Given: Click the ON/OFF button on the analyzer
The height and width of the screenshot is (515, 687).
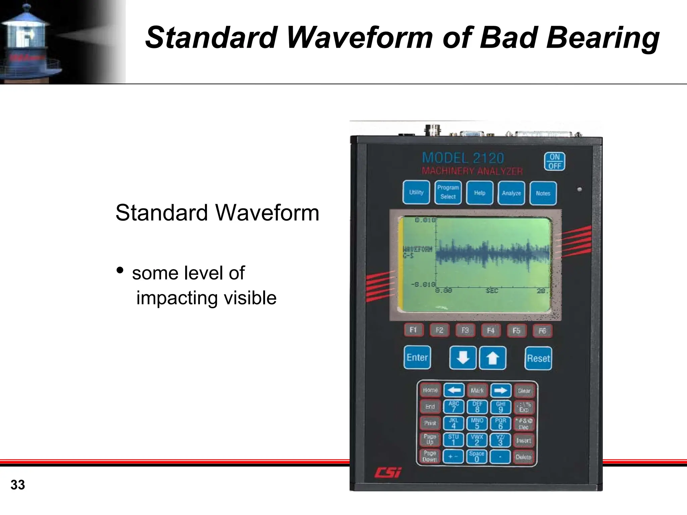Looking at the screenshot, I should click(554, 161).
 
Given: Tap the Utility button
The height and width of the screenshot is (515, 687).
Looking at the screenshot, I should click(416, 192).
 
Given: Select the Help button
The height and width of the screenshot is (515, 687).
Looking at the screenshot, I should click(480, 193).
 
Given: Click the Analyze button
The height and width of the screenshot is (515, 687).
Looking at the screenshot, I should click(511, 193).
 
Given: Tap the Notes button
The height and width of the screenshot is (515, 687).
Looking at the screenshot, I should click(543, 193).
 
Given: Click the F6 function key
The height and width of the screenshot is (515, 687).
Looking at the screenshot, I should click(542, 331).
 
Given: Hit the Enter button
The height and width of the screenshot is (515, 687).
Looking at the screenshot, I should click(417, 358).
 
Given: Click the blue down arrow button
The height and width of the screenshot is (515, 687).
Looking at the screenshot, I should click(463, 358).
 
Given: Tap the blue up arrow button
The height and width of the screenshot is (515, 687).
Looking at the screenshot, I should click(492, 358).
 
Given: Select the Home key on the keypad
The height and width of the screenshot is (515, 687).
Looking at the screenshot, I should click(430, 390).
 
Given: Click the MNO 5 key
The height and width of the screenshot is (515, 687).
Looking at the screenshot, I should click(477, 423).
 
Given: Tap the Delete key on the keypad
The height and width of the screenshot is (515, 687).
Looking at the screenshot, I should click(523, 457).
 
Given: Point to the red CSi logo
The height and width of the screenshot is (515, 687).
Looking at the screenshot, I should click(388, 472).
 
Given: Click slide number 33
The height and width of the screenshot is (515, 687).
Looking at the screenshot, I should click(18, 485).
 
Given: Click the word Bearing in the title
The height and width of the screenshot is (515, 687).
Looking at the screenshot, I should click(602, 38).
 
